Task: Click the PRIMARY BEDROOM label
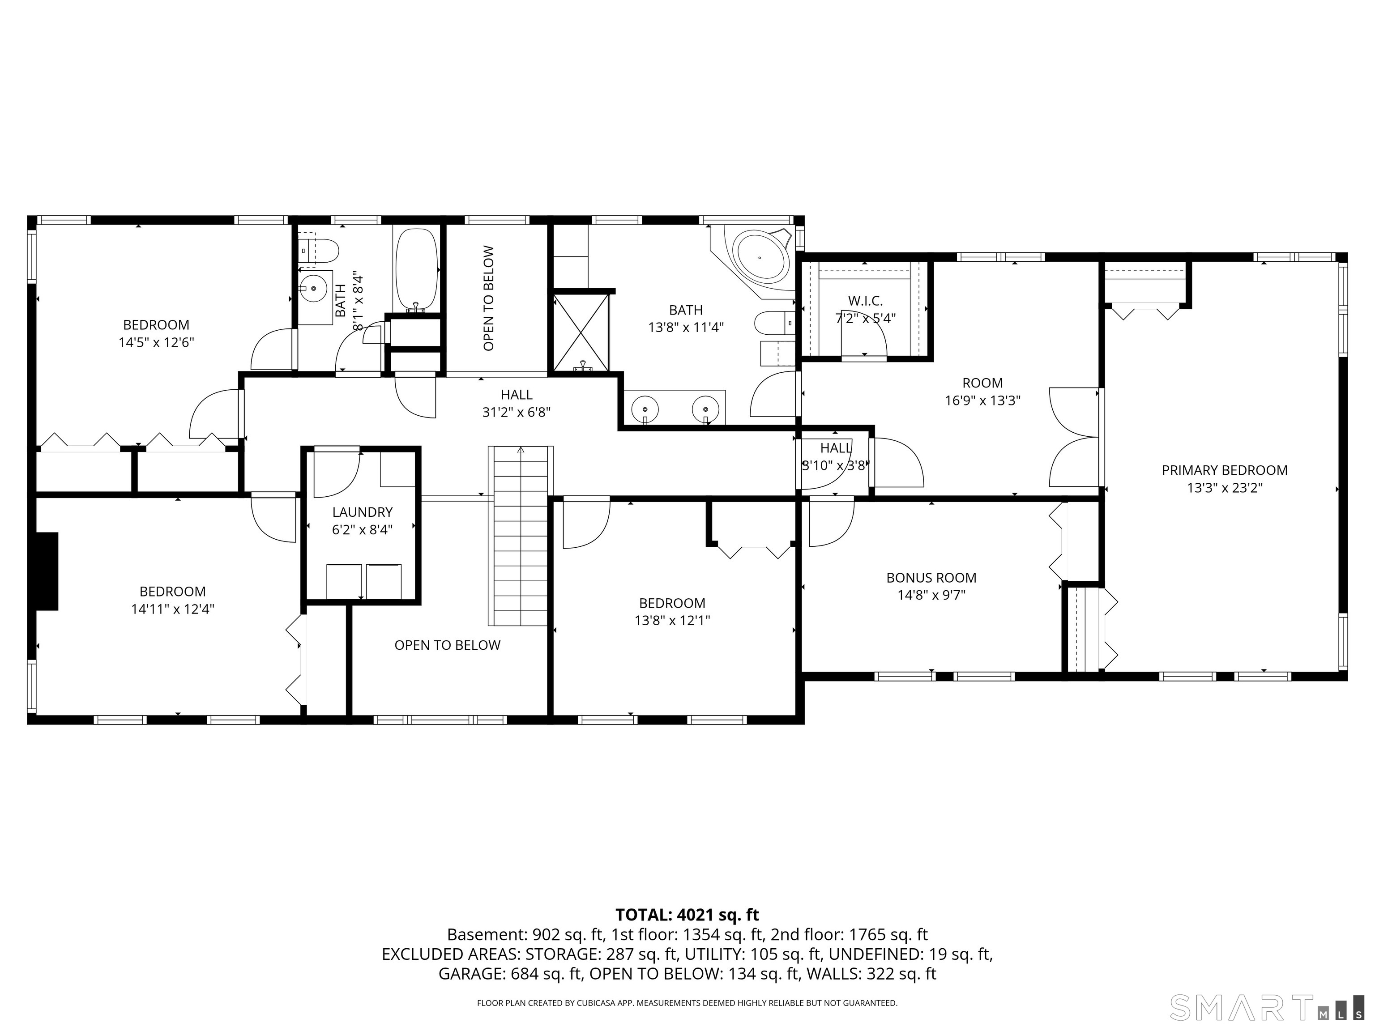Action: click(1224, 470)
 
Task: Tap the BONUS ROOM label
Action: click(931, 578)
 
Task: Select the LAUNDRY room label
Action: click(363, 512)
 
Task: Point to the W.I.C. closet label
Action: click(865, 301)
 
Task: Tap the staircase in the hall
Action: click(520, 536)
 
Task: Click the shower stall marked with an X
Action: click(581, 332)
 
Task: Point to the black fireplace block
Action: click(47, 571)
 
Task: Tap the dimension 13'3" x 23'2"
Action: click(1225, 488)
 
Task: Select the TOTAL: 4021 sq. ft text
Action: click(687, 915)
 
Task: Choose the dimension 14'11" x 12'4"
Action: click(172, 609)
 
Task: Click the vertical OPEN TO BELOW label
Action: click(489, 298)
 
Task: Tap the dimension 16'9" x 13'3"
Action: click(983, 401)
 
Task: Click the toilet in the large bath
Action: click(774, 323)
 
